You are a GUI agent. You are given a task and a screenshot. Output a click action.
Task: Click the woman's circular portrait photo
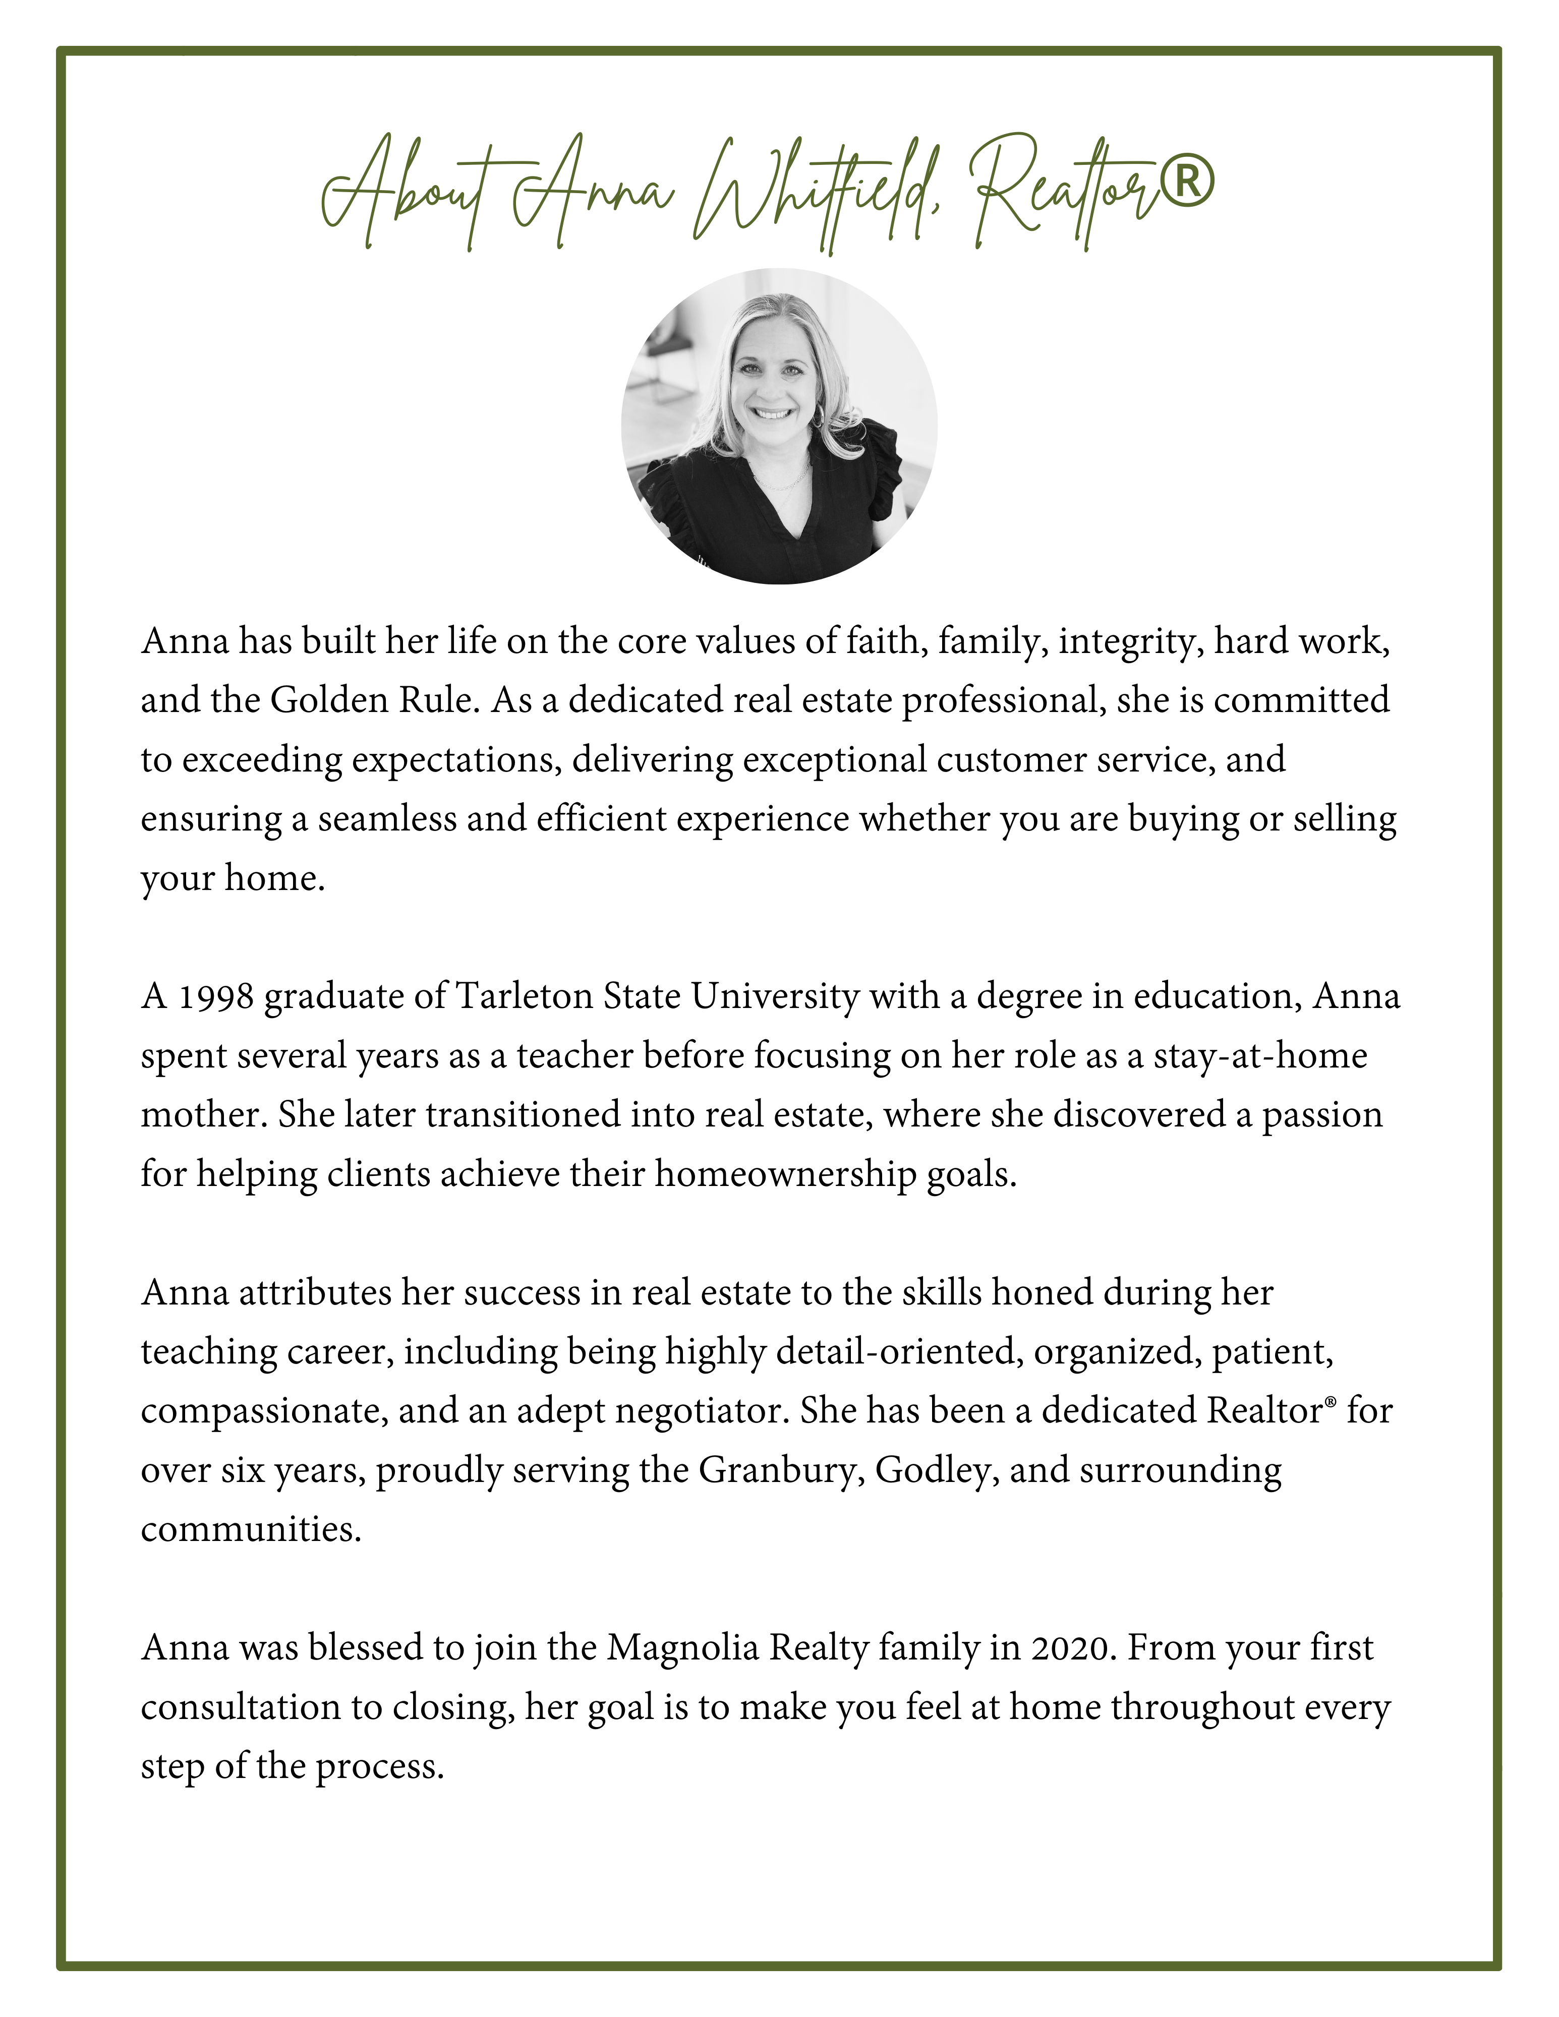pyautogui.click(x=780, y=427)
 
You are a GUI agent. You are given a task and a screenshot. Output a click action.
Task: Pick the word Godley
pyautogui.click(x=937, y=1469)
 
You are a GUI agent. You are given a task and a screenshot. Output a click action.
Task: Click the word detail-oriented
pyautogui.click(x=899, y=1351)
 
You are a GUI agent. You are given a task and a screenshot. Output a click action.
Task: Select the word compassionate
pyautogui.click(x=264, y=1410)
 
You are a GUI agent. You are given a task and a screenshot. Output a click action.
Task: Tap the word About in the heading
pyautogui.click(x=407, y=189)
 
